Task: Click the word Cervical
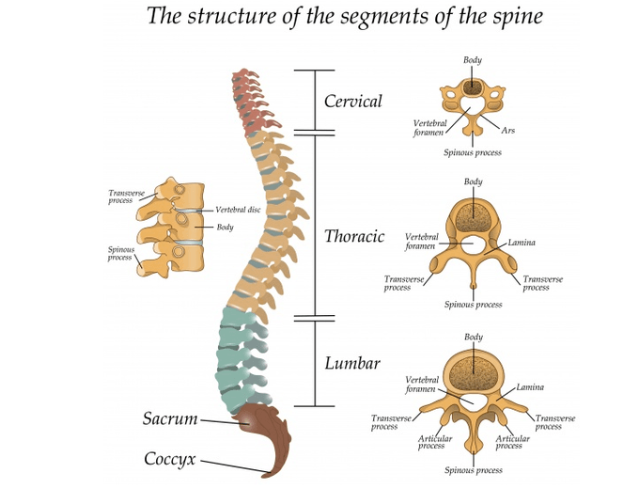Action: pyautogui.click(x=353, y=102)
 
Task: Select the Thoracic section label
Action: pyautogui.click(x=354, y=237)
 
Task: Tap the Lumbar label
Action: pyautogui.click(x=352, y=363)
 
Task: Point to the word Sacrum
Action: pyautogui.click(x=170, y=418)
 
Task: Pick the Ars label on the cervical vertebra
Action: pyautogui.click(x=508, y=131)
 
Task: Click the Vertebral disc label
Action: pyautogui.click(x=238, y=210)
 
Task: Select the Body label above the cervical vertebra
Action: pyautogui.click(x=473, y=60)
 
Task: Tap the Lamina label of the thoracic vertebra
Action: pyautogui.click(x=522, y=243)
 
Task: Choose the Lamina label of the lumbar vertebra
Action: pyautogui.click(x=530, y=387)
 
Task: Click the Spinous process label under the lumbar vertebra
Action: pyautogui.click(x=473, y=470)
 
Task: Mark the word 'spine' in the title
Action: pyautogui.click(x=514, y=17)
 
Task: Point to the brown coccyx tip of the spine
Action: pyautogui.click(x=273, y=466)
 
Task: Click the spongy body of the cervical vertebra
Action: pyautogui.click(x=473, y=89)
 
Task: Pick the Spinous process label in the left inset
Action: pyautogui.click(x=120, y=254)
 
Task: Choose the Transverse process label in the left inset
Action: pyautogui.click(x=126, y=197)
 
